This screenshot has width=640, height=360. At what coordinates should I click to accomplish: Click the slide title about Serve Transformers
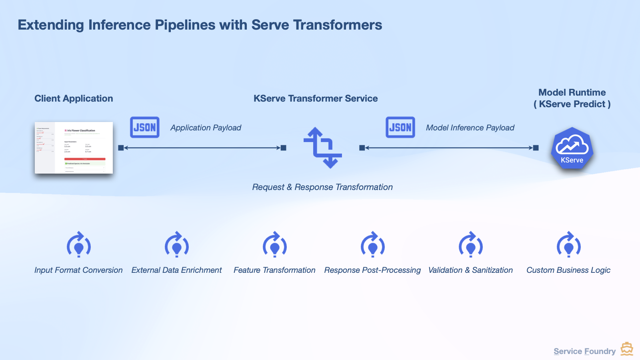click(200, 25)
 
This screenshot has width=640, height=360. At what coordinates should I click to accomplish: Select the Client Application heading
click(74, 98)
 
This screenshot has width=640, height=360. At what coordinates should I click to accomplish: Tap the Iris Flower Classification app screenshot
click(74, 148)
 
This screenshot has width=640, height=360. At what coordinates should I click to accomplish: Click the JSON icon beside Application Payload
click(145, 127)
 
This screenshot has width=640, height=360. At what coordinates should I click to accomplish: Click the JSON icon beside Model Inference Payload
click(400, 127)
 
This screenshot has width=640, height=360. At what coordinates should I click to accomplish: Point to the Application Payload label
click(206, 128)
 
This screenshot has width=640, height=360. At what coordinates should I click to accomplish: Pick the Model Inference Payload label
click(470, 128)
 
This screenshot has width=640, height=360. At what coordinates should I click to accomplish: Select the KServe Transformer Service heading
click(316, 98)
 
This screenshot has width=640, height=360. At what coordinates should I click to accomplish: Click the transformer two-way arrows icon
click(323, 148)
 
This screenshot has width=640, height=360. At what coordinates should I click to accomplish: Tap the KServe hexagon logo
click(572, 148)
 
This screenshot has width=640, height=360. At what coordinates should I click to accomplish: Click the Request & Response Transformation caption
click(322, 187)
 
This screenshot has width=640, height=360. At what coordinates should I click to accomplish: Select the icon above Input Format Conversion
click(79, 244)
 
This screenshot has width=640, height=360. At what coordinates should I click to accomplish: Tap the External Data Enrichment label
click(176, 270)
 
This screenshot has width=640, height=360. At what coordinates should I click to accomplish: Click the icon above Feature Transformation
click(275, 244)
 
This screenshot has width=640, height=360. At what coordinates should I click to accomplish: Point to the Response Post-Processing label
click(372, 270)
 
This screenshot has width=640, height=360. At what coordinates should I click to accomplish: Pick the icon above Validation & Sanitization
click(471, 244)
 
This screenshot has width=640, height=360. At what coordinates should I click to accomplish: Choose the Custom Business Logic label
click(568, 270)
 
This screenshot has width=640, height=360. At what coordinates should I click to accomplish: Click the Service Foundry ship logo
click(627, 349)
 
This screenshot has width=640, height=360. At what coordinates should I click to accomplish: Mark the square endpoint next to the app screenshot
click(121, 148)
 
